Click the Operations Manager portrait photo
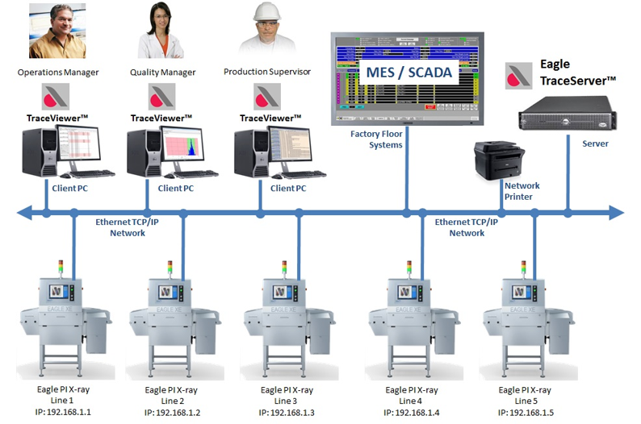(x=57, y=31)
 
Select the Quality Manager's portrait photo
(x=160, y=31)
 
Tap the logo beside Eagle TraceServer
(x=518, y=75)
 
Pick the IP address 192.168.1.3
(x=287, y=413)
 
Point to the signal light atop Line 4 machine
(x=410, y=267)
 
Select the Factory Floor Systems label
(x=376, y=139)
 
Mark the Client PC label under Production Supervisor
(x=287, y=189)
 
